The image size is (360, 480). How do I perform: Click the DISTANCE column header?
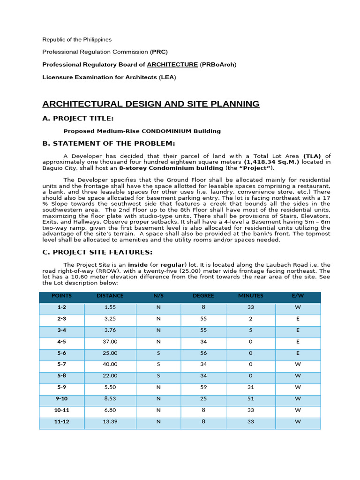pos(110,296)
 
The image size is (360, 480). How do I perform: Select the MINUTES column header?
pos(250,296)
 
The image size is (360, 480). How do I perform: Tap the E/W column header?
pos(298,296)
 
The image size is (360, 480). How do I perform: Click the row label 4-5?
pos(62,342)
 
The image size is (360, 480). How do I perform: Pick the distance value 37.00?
pos(110,342)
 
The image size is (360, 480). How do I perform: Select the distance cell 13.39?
pos(110,421)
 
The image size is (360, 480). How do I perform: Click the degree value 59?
pos(203,387)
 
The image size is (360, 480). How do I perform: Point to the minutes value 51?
pos(250,399)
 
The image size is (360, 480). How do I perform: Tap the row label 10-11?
pos(62,410)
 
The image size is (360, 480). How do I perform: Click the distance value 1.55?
pos(110,307)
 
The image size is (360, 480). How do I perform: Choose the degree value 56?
pos(203,353)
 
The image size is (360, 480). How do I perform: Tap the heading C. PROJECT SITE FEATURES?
pos(97,252)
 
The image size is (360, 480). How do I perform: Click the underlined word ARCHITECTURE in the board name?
pos(172,64)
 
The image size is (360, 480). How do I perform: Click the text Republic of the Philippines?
pos(77,39)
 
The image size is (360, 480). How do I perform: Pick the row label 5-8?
pos(62,376)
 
